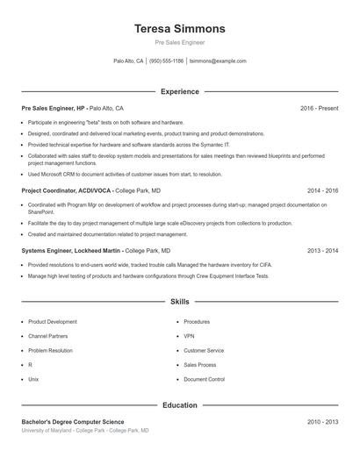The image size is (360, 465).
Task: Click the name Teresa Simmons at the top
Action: coord(179,28)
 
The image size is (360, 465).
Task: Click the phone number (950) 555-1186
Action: coord(166,61)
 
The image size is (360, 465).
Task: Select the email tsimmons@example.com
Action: coord(218,61)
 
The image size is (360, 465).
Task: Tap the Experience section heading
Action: coord(179,91)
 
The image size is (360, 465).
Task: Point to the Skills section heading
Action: coord(179,301)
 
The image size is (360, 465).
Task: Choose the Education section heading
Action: coord(179,405)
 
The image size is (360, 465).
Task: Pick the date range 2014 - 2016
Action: coord(322,190)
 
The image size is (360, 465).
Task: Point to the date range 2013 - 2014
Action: coord(322,250)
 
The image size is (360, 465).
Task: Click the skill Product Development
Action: coord(53,322)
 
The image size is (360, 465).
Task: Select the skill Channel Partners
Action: coord(48,336)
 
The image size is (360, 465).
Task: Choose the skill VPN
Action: coord(189,336)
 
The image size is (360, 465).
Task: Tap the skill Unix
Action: coord(33,379)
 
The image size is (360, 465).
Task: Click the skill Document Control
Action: coord(204,379)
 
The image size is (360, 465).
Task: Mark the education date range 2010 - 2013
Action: coord(322,422)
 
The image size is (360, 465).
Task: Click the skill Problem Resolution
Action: coord(50,350)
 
